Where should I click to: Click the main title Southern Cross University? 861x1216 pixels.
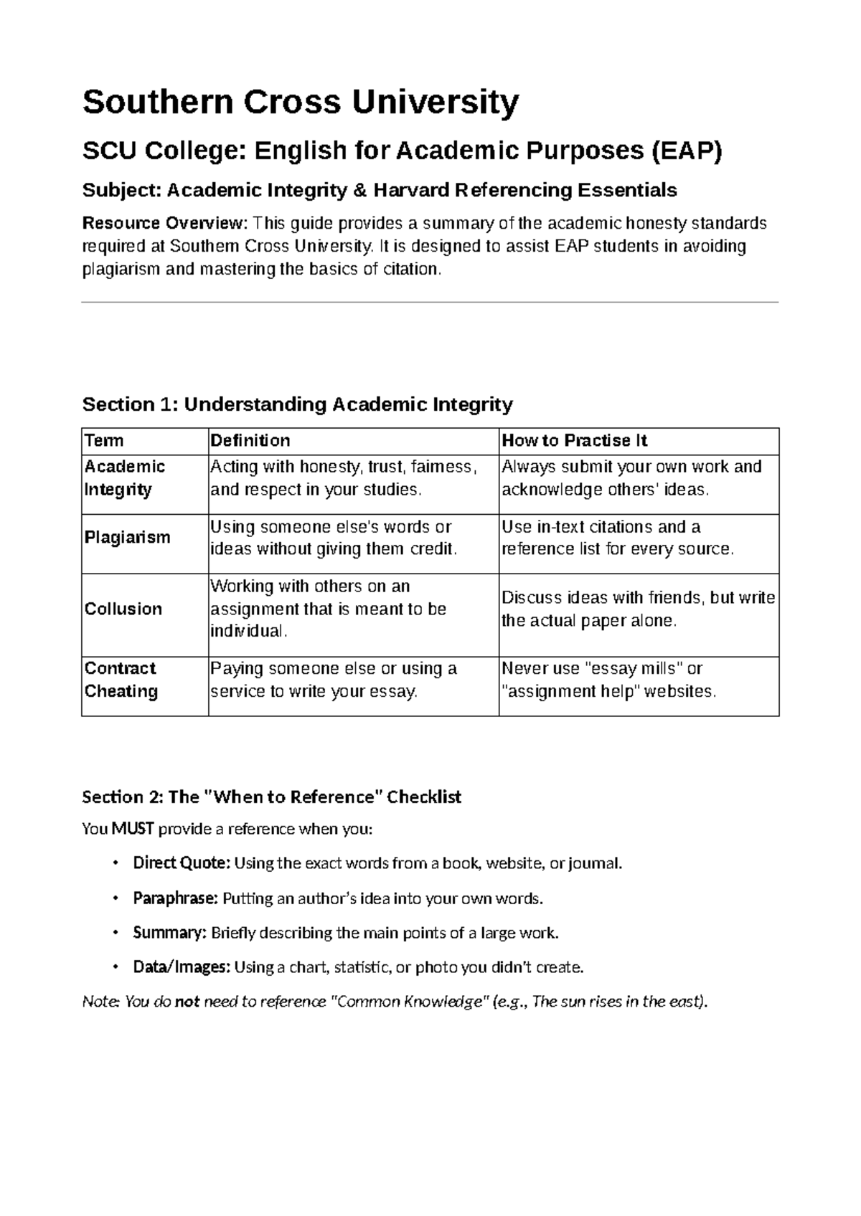(x=300, y=103)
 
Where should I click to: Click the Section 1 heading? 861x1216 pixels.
(x=297, y=404)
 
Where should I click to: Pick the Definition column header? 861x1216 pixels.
(x=250, y=440)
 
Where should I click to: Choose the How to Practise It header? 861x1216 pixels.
(x=574, y=440)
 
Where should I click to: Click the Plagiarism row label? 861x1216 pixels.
(x=127, y=538)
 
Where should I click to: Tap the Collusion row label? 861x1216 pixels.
(x=123, y=609)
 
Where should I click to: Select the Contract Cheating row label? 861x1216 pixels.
(x=121, y=680)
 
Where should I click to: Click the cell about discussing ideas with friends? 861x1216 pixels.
(x=638, y=609)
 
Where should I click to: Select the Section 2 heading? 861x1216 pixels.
(x=271, y=797)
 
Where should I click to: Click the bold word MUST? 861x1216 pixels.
(x=133, y=830)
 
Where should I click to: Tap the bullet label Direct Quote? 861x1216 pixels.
(x=182, y=863)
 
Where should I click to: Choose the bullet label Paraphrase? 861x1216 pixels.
(x=175, y=898)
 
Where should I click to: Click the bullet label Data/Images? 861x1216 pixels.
(x=182, y=968)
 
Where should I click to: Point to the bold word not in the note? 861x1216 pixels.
(x=187, y=1002)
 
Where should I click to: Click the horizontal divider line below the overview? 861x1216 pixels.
(x=430, y=303)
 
